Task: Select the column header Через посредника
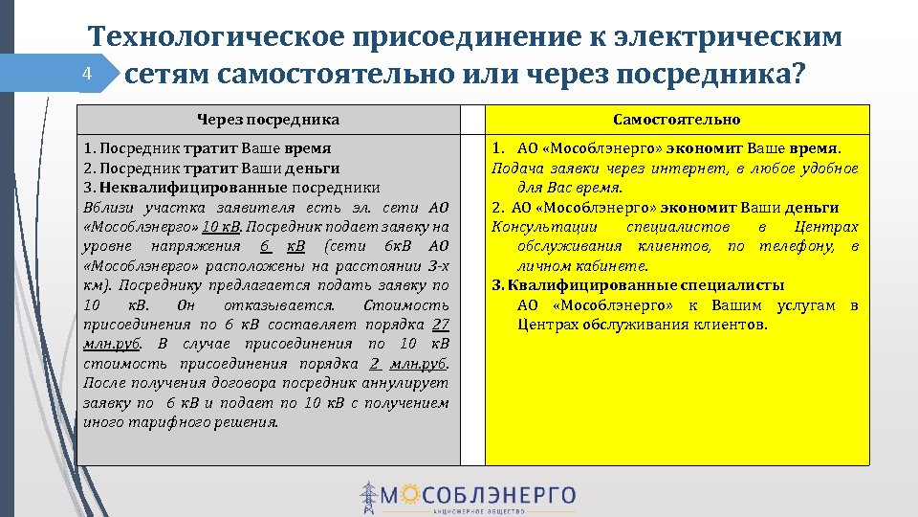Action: tap(268, 120)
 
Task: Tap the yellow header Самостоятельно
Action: tap(677, 120)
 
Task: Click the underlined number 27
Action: tap(440, 324)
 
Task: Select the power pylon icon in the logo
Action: tap(369, 496)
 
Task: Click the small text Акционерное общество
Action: tap(479, 511)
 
